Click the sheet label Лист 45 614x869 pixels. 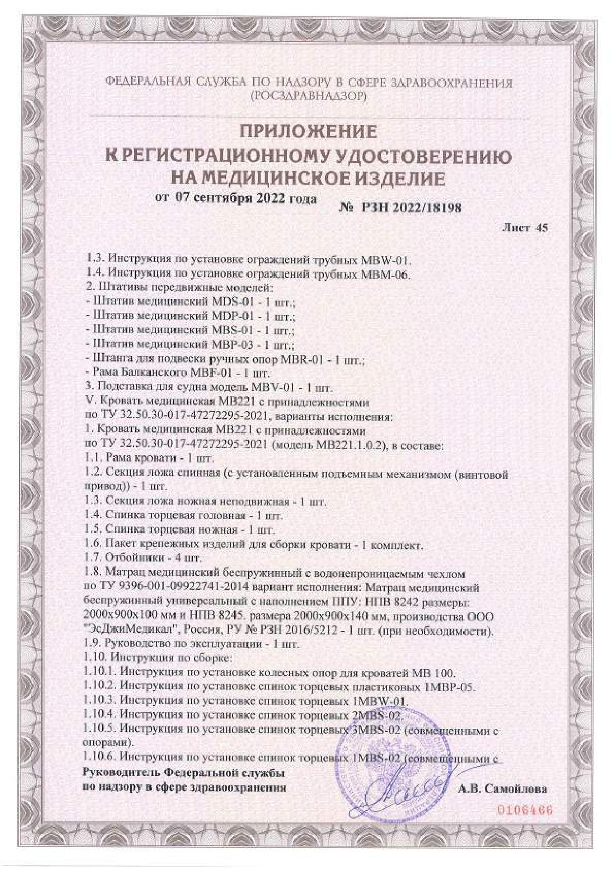525,228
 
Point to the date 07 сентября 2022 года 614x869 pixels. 245,198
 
